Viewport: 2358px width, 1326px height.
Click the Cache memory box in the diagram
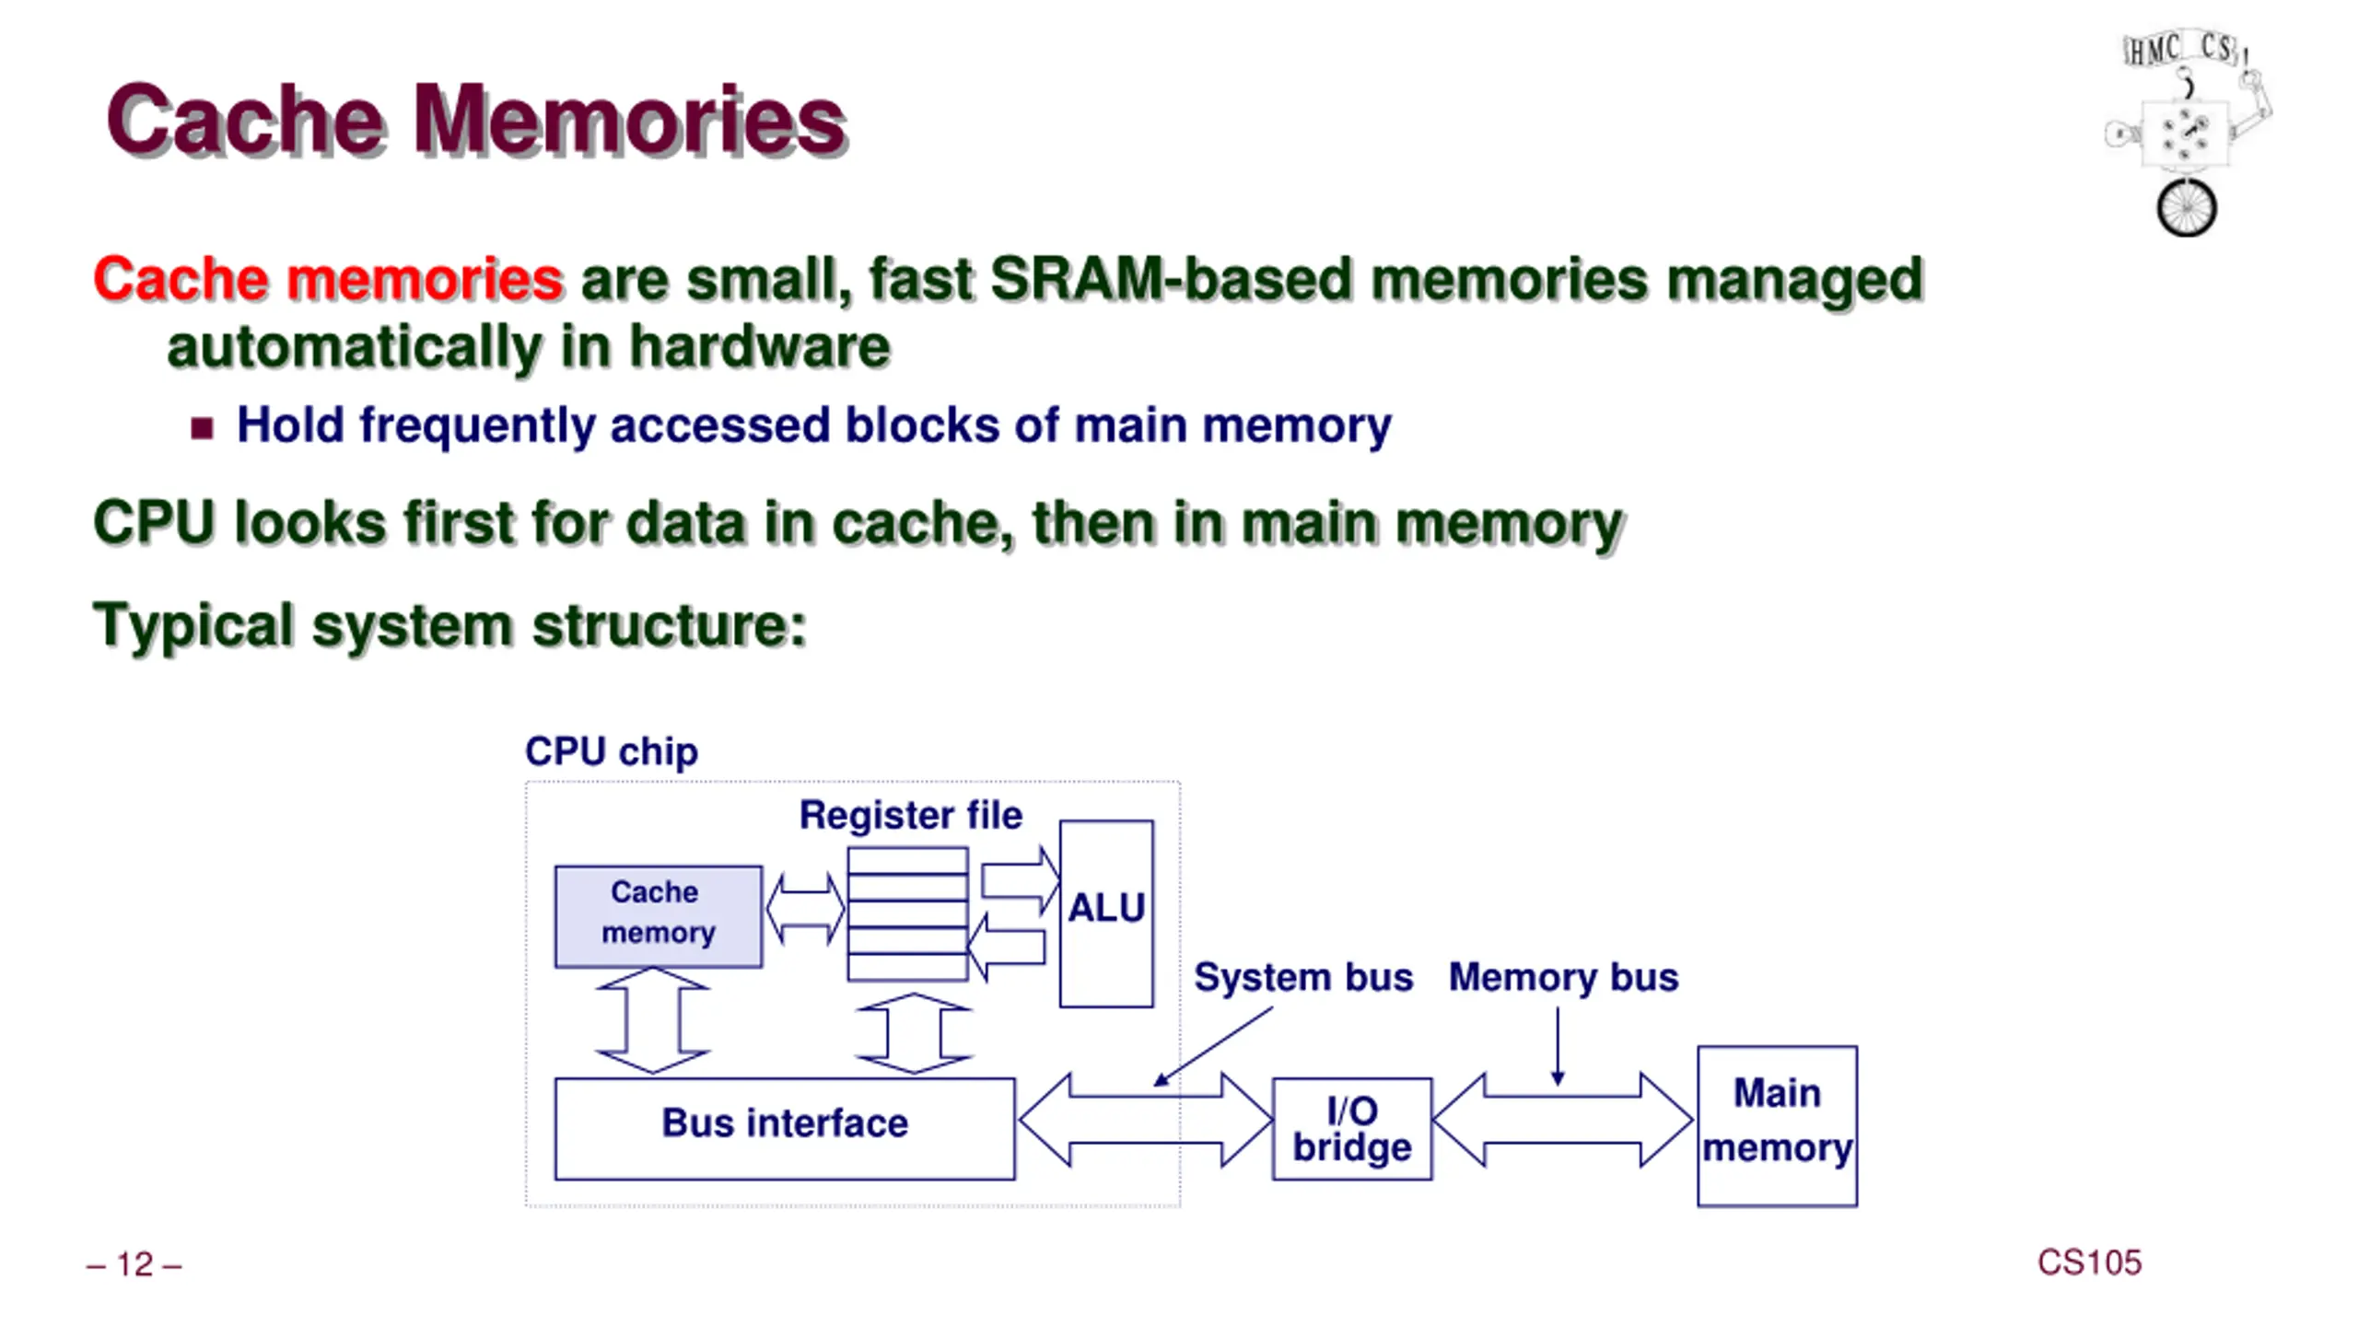(658, 916)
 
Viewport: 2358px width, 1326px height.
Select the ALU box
(1106, 913)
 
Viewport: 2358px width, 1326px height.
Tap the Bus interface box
(785, 1128)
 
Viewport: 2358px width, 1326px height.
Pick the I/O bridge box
(1352, 1128)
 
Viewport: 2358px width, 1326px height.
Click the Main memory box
(1777, 1125)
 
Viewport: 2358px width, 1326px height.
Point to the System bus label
(1303, 977)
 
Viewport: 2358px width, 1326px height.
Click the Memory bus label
(1563, 977)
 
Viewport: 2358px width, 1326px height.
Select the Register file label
(911, 815)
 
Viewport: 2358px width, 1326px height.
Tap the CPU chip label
(612, 751)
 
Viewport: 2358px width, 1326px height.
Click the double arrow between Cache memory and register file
(805, 909)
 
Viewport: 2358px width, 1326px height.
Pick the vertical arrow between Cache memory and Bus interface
(653, 1020)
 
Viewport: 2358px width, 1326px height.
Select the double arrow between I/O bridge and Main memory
(1563, 1120)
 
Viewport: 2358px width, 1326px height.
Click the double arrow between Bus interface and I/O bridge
(1146, 1120)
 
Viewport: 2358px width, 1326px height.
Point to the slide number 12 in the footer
(134, 1264)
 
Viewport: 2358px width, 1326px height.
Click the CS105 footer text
(2089, 1262)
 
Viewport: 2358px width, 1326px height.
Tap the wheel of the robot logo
(2186, 207)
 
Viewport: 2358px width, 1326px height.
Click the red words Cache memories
(328, 279)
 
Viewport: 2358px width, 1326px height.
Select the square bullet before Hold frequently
(202, 428)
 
